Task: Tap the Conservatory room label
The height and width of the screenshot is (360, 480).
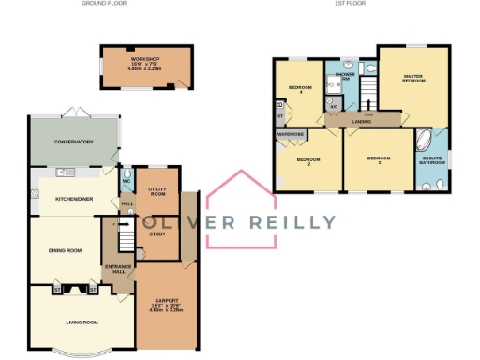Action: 74,142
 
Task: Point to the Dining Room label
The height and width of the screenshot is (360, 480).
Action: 66,250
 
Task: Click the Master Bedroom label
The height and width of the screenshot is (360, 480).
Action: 413,78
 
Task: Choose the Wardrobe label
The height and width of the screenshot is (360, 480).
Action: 290,134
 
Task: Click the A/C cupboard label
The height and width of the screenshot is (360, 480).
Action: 333,107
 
